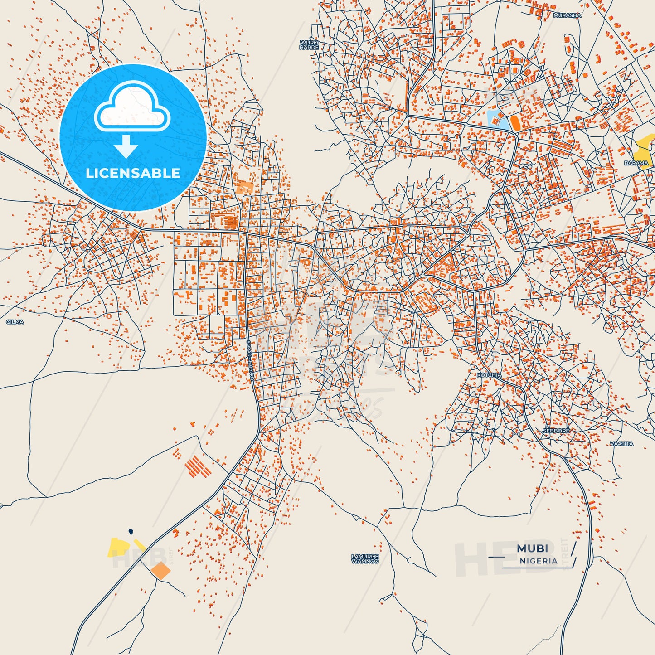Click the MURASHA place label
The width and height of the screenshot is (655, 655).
pos(567,15)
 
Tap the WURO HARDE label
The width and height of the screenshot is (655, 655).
pos(309,44)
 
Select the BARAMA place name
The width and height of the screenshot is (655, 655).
pos(636,163)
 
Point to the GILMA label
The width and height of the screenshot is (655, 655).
pos(15,322)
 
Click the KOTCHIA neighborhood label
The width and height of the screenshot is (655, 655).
pos(489,375)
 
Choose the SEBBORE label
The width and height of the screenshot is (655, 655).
pos(556,431)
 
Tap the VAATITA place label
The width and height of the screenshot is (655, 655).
pos(621,444)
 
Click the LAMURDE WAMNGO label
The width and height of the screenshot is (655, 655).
pos(365,558)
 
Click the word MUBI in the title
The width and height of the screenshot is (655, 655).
pos(532,548)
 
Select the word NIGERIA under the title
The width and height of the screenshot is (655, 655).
pos(539,561)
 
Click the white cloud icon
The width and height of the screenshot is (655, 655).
pos(132,107)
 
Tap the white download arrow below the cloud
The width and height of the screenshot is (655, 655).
pos(126,146)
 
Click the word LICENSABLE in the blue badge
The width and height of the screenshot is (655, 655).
pos(133,173)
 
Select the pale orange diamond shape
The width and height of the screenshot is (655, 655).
pos(160,571)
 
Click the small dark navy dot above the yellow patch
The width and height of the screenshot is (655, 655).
pos(131,531)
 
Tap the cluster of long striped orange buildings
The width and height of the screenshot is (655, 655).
pos(199,466)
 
